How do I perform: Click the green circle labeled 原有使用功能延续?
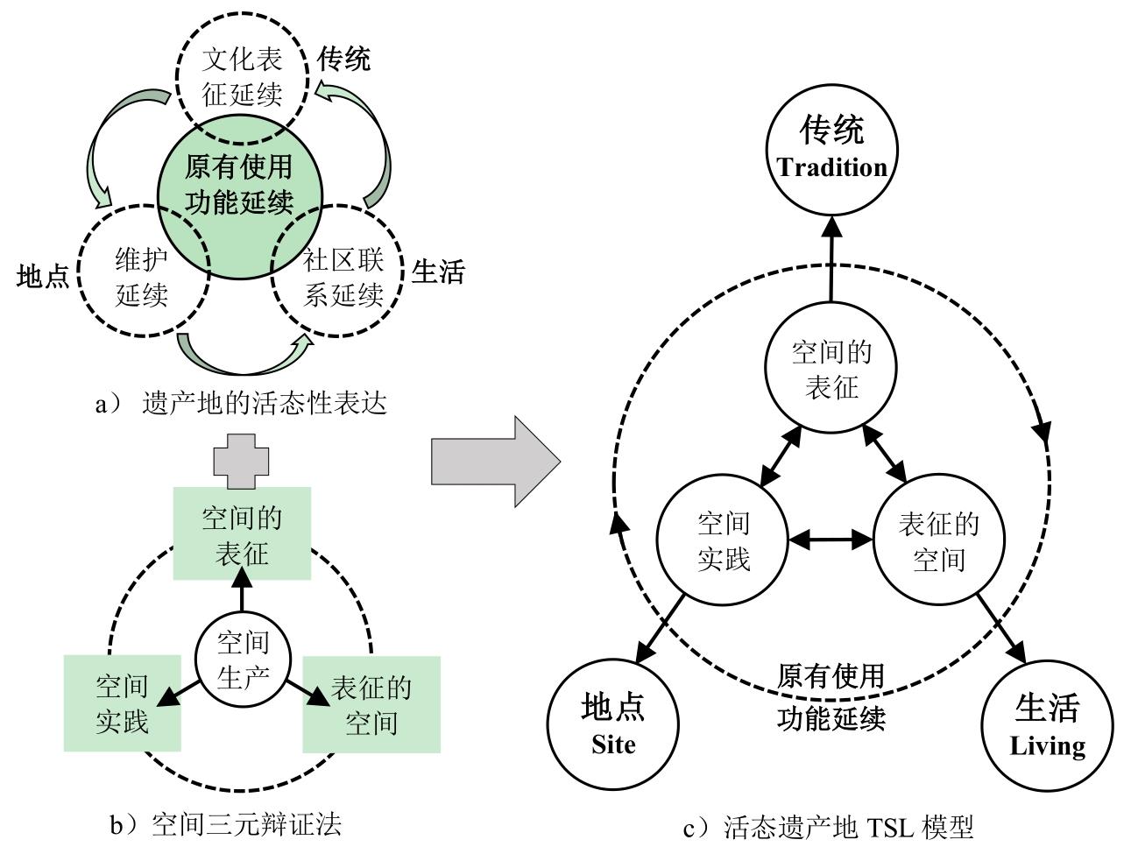240,187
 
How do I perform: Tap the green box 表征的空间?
371,704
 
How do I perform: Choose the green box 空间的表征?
242,533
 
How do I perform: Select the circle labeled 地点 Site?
613,724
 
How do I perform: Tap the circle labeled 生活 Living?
1048,724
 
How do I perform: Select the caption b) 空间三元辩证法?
225,824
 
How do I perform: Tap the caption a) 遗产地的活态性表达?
241,404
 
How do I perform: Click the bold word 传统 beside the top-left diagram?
343,60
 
